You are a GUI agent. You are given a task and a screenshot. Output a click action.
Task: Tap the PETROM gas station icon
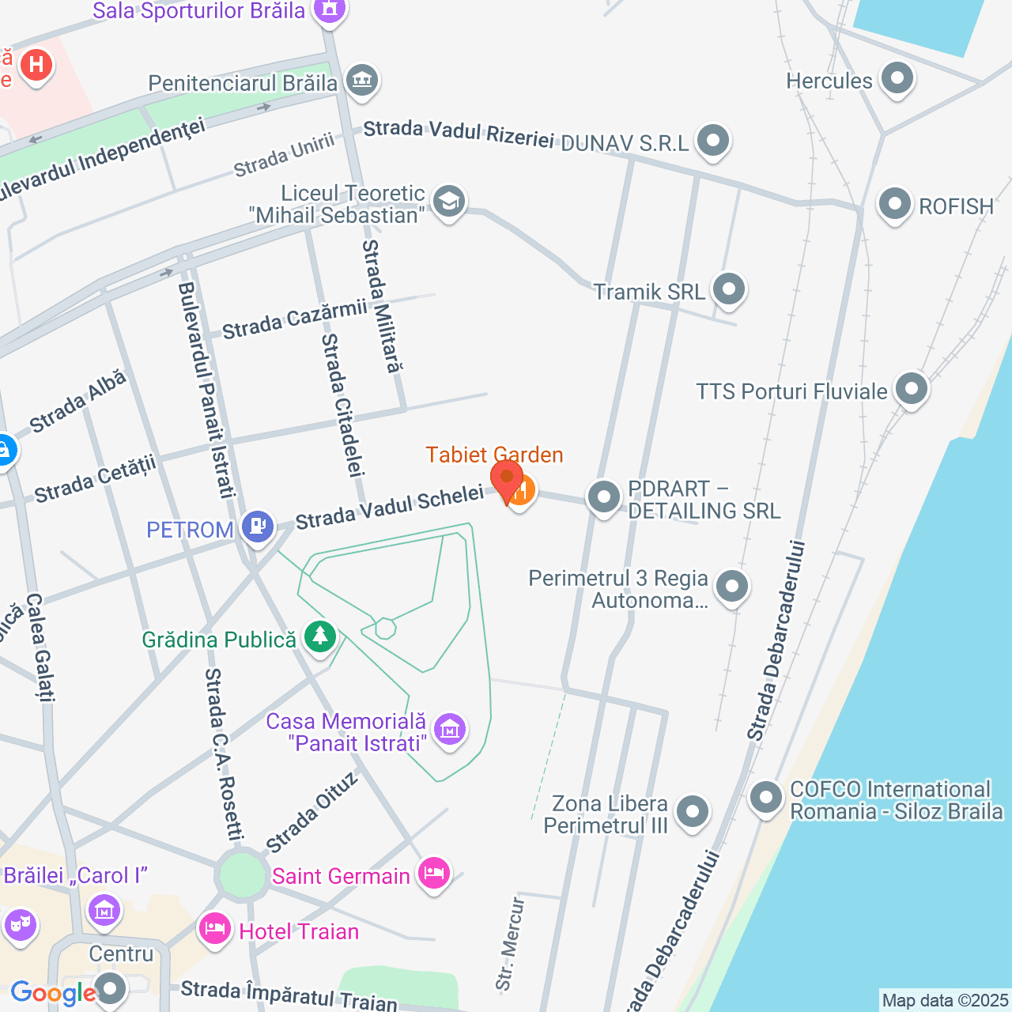tap(257, 525)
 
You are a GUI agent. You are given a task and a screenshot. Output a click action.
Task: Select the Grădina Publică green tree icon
tap(320, 636)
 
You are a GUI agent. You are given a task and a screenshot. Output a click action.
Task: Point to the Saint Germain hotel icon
tap(434, 873)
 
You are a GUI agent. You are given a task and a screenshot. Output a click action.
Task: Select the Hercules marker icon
tap(897, 77)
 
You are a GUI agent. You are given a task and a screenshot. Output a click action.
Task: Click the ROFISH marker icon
tap(895, 204)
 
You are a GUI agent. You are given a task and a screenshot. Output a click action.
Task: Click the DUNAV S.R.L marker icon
tap(713, 141)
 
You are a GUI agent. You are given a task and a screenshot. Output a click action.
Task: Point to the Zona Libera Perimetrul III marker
tap(693, 810)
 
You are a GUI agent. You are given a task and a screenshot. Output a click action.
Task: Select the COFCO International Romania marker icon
tap(765, 797)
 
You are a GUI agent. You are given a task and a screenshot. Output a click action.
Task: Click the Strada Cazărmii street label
tap(294, 319)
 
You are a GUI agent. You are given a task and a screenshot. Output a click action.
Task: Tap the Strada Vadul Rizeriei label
tap(459, 134)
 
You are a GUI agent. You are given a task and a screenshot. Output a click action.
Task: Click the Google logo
tap(53, 993)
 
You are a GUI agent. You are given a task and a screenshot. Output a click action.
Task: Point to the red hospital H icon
tap(36, 64)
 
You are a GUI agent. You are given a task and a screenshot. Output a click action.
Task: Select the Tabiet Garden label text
tap(494, 455)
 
